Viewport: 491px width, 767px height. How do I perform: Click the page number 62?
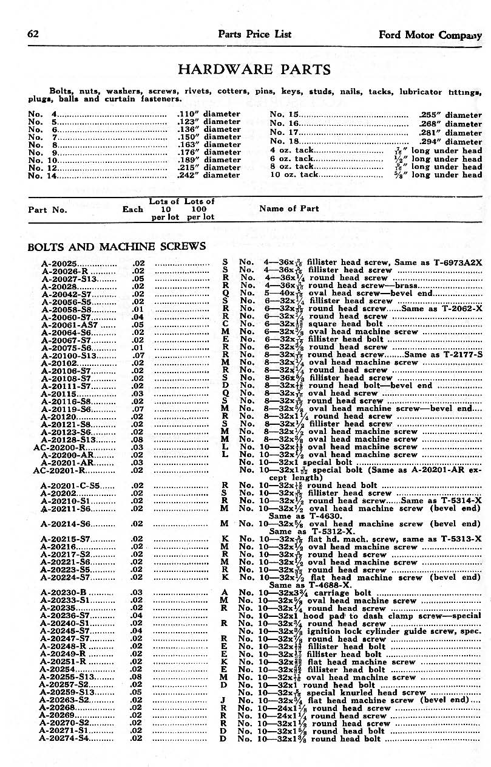click(33, 34)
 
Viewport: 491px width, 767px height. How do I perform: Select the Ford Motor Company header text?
click(430, 35)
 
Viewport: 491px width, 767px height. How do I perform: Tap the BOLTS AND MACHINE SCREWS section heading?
click(117, 246)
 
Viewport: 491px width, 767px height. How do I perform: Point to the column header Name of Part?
click(289, 208)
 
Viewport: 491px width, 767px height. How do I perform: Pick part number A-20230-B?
click(63, 593)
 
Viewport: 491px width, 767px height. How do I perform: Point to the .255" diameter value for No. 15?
click(450, 114)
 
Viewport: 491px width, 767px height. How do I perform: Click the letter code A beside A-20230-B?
click(225, 593)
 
